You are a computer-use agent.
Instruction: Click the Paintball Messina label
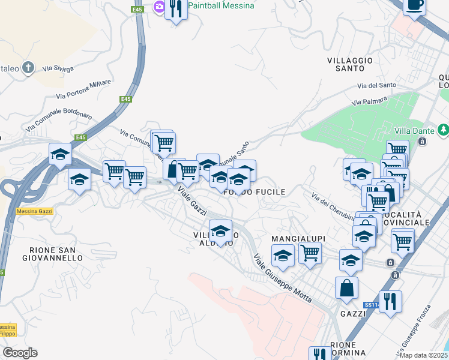220,5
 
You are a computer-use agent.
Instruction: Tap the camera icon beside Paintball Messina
160,7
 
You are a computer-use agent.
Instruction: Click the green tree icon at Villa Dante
443,130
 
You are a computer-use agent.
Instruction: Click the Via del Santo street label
376,86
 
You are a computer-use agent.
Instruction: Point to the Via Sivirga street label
59,70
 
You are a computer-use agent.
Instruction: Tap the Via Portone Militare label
83,89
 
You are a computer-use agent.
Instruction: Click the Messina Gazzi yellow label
35,211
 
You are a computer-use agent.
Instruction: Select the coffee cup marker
414,5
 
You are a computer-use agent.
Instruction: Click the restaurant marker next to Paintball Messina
176,9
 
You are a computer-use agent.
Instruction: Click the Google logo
20,353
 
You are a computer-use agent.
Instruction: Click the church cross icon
28,68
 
